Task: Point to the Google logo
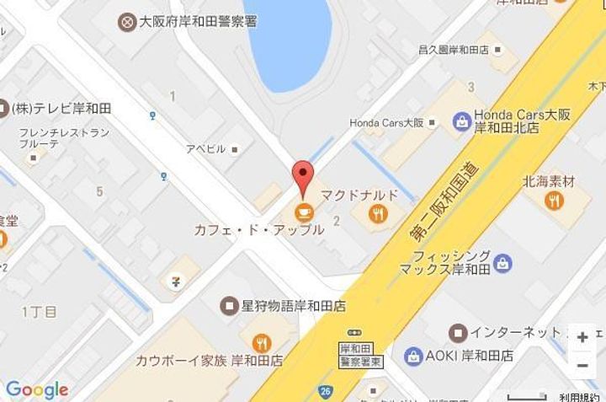[36, 389]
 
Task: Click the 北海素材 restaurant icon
[553, 200]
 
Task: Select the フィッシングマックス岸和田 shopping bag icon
[502, 263]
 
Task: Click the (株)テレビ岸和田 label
[61, 108]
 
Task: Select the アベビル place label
[206, 148]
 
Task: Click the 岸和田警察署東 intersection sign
[359, 354]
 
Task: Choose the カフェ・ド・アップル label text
[258, 229]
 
